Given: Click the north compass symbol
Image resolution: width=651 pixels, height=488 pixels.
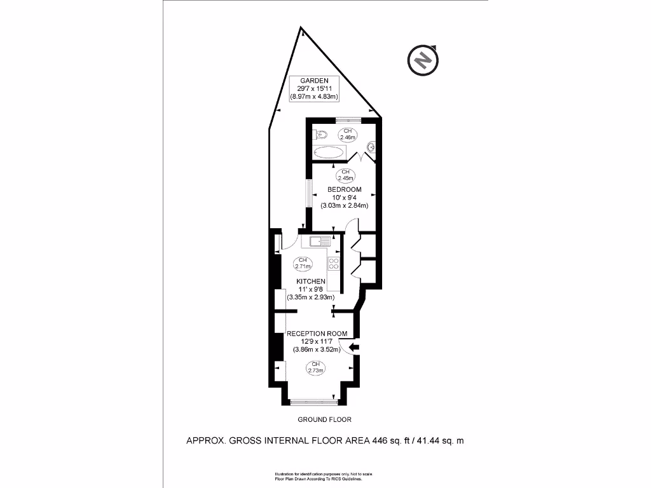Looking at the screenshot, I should coord(423,60).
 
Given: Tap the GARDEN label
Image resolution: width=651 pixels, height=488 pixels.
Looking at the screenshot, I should coord(314,80).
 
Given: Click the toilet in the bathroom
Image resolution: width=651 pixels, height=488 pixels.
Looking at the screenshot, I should coord(321,134).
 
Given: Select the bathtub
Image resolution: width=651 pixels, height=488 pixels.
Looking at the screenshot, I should coord(329,152).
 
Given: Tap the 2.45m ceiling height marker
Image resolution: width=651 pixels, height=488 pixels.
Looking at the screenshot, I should coord(346,175).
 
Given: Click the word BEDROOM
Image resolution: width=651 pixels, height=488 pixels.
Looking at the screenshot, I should coord(345,189).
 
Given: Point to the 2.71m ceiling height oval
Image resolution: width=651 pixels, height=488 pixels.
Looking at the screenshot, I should coord(303,264).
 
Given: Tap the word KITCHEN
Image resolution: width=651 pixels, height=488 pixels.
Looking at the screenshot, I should coord(311,281).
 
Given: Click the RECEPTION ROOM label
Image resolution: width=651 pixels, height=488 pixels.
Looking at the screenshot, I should coord(317,334).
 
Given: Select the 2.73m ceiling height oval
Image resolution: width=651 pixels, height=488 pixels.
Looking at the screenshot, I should coord(314,367).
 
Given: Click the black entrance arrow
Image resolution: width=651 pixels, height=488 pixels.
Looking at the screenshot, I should coord(353,347).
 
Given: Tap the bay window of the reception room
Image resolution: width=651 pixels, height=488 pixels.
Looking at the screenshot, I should coord(313,401).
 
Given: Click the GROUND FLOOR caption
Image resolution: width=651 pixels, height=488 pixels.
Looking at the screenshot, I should coord(324,419).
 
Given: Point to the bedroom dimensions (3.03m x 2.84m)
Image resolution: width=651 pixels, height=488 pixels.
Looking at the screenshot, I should coord(345,205).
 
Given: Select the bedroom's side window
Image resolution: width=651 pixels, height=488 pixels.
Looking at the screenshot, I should coord(308,193).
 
